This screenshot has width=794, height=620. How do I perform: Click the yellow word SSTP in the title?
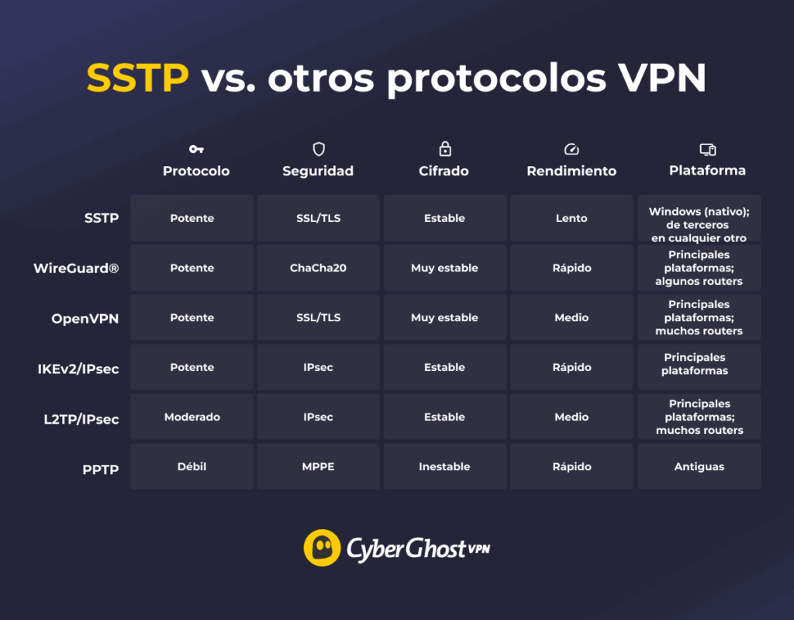137,78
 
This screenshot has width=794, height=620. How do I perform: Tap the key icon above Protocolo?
196,149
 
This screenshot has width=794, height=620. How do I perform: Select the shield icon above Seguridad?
318,149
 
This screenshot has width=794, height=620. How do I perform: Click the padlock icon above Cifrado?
444,148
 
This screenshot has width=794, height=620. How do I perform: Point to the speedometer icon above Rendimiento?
571,149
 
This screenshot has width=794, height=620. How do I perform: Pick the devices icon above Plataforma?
707,149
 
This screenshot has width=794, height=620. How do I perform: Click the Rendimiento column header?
571,171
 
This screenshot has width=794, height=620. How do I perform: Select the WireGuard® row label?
76,268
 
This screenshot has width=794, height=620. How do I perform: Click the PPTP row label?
100,469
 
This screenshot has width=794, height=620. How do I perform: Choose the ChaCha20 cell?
318,268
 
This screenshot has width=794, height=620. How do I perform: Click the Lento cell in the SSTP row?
571,218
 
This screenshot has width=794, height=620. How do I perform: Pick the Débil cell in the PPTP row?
192,466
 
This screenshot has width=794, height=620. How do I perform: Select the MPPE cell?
318,466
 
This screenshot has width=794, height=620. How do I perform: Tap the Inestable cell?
444,466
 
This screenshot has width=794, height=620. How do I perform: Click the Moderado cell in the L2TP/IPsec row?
192,417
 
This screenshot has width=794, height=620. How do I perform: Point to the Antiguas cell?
699,466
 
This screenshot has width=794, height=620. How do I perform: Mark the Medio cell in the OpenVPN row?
571,317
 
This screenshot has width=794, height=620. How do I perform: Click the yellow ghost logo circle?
322,548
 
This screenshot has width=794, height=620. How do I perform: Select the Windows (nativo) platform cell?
699,218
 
